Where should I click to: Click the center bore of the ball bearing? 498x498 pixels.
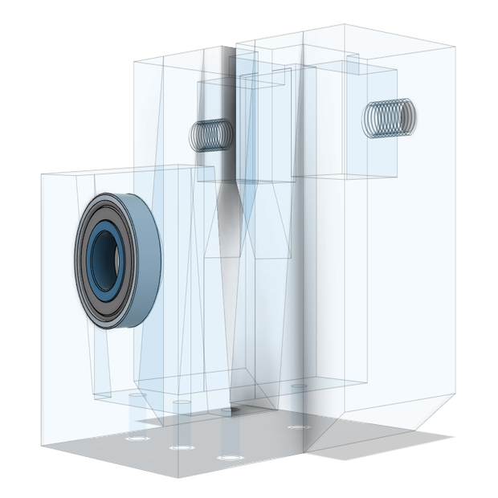[104, 259]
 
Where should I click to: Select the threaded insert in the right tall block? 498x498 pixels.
[389, 118]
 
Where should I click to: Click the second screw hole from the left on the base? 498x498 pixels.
[181, 447]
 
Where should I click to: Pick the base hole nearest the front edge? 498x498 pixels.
[231, 457]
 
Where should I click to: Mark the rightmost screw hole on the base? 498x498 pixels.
[299, 427]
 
